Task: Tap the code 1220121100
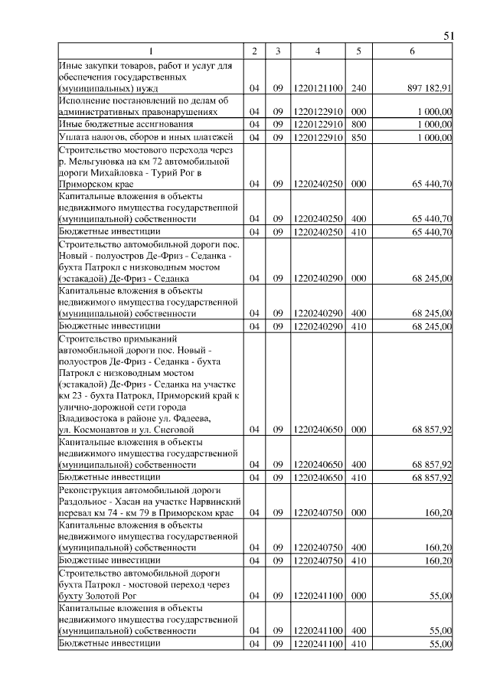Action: [318, 88]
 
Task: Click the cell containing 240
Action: [359, 88]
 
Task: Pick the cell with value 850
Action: [359, 137]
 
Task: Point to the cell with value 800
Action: [359, 124]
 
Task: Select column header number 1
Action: [151, 51]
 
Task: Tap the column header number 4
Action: [318, 51]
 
